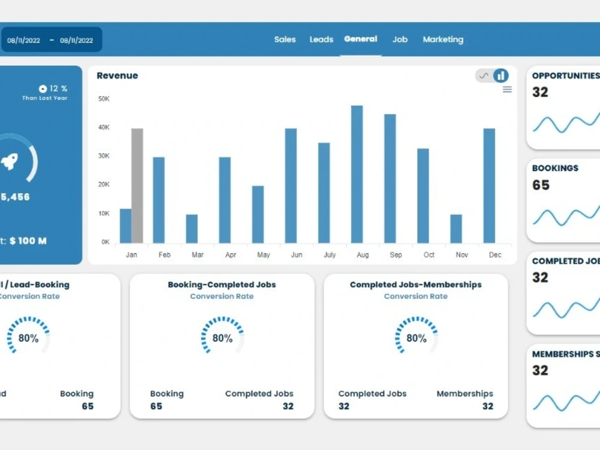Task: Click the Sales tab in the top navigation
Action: pos(285,40)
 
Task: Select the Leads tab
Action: pos(321,40)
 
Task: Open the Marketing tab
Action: pos(443,40)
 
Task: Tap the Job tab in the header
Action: pos(400,40)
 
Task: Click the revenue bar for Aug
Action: pos(357,175)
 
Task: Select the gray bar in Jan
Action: pos(137,185)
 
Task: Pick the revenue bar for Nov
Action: pos(456,229)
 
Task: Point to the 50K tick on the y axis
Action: pos(104,98)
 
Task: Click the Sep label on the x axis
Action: pos(396,255)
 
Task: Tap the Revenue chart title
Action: pos(117,76)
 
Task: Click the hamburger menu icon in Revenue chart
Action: pos(507,89)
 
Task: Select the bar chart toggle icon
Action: pos(501,76)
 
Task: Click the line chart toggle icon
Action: pos(484,76)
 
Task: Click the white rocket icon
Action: pos(10,161)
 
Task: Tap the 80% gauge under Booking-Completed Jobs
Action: pos(222,338)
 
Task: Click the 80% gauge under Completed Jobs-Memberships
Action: pos(416,338)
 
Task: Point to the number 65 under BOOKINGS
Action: pos(541,185)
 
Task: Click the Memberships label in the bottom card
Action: pos(464,394)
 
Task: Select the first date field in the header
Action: pos(24,40)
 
